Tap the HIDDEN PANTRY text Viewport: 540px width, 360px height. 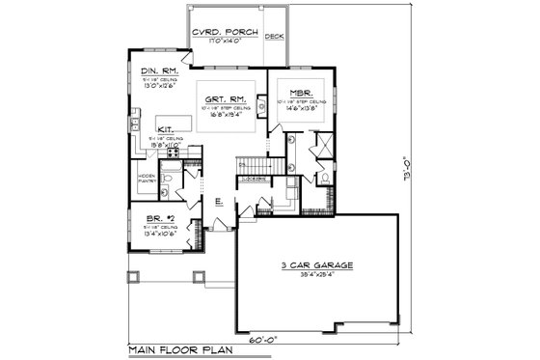click(147, 179)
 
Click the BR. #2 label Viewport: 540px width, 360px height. click(146, 219)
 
